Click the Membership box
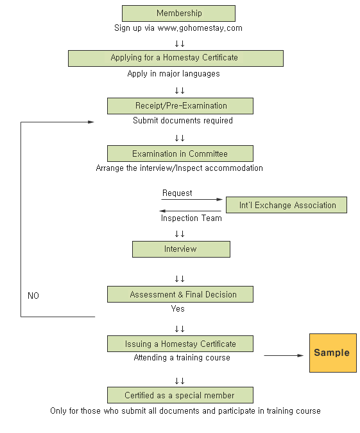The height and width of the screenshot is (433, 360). point(178,13)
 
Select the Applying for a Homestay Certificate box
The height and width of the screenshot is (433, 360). point(176,58)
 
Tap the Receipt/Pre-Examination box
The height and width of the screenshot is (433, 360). point(180,106)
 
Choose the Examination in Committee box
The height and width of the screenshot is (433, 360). point(180,154)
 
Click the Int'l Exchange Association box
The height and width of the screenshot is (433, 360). point(286,205)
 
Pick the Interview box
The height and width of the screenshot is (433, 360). point(181,249)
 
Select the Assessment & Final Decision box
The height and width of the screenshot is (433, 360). point(180,294)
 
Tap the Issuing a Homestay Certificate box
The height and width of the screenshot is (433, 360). point(180,344)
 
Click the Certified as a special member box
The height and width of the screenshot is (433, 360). point(180,395)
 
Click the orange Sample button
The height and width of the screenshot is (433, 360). point(333,353)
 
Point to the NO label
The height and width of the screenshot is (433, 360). point(33,296)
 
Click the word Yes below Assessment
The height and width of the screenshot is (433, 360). point(178,308)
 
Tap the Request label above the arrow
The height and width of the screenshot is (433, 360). point(177,193)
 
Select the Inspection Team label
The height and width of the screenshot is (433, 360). point(191,218)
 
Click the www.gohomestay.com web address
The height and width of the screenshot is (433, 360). point(200,28)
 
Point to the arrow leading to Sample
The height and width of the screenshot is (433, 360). point(284,355)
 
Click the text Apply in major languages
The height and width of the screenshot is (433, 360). point(173,74)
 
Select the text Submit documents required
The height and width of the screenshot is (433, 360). point(183,120)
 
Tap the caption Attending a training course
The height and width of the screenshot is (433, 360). point(182,358)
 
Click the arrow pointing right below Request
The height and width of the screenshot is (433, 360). point(192,199)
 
